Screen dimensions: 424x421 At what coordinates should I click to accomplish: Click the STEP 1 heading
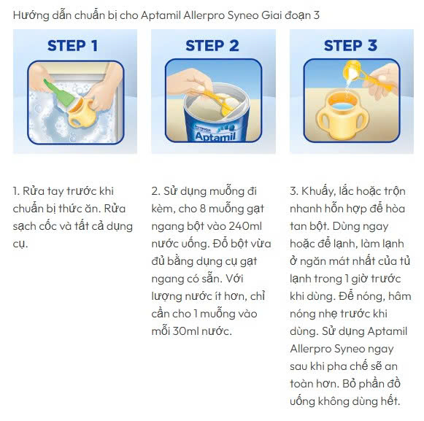[72, 45]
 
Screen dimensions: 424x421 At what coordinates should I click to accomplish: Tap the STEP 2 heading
[212, 45]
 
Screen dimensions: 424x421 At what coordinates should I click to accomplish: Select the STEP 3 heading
[350, 45]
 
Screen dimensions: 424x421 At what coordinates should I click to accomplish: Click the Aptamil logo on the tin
[215, 136]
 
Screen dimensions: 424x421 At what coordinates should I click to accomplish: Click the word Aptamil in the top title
[161, 15]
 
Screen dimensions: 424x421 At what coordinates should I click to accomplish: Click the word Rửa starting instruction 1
[34, 191]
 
